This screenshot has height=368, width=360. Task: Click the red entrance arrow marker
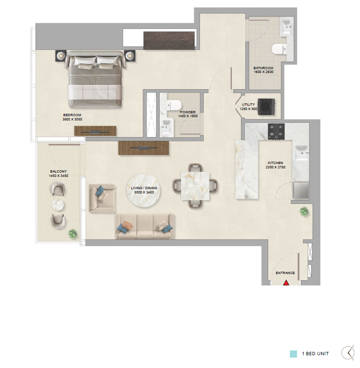286,283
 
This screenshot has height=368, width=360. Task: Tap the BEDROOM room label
72,115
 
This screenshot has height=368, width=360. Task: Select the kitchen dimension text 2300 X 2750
275,167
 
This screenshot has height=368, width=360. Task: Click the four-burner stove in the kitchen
276,131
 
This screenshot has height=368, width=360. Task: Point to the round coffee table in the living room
144,190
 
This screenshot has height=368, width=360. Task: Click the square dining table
195,186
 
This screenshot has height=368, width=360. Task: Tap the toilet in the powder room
174,105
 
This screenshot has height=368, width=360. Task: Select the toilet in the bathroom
279,49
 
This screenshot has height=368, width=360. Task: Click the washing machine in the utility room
266,107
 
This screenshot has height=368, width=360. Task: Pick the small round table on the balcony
58,205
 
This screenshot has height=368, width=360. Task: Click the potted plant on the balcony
72,234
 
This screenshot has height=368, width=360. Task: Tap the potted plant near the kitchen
304,211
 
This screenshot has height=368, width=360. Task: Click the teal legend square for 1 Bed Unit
293,354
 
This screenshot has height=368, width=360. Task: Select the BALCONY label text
58,171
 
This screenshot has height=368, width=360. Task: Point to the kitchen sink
301,153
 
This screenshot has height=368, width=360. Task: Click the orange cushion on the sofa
127,225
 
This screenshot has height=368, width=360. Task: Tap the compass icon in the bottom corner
348,352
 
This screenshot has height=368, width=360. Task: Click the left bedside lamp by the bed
61,55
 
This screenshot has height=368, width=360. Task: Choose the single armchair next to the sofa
102,199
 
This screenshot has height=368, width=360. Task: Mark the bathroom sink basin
287,27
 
